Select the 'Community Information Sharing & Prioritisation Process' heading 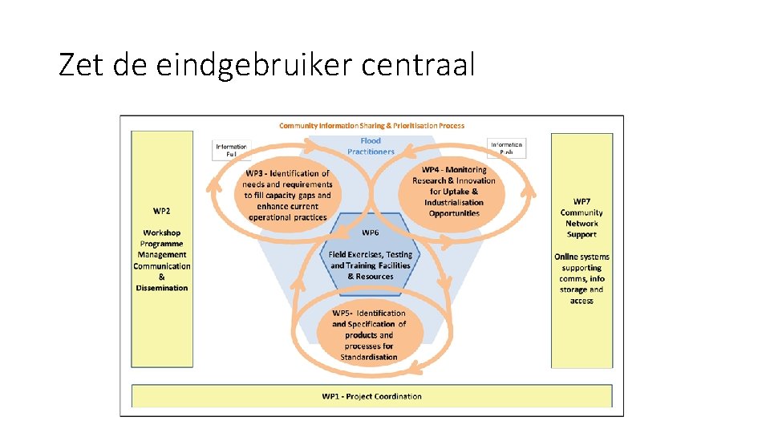[x=371, y=125]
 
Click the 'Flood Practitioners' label [x=371, y=146]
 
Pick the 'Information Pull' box [x=232, y=149]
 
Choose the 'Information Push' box [x=507, y=148]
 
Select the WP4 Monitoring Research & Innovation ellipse [x=454, y=192]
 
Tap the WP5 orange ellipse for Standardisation [x=369, y=335]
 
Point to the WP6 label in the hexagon [x=371, y=233]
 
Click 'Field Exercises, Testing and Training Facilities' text [x=371, y=260]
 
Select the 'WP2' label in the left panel [x=161, y=211]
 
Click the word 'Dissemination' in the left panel [x=162, y=288]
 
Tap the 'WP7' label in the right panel [x=582, y=201]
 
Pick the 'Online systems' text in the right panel [x=582, y=257]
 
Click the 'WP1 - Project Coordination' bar [x=371, y=396]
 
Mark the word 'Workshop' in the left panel [x=162, y=233]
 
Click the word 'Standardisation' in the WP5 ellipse [x=369, y=357]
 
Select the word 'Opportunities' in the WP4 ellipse [x=454, y=213]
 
